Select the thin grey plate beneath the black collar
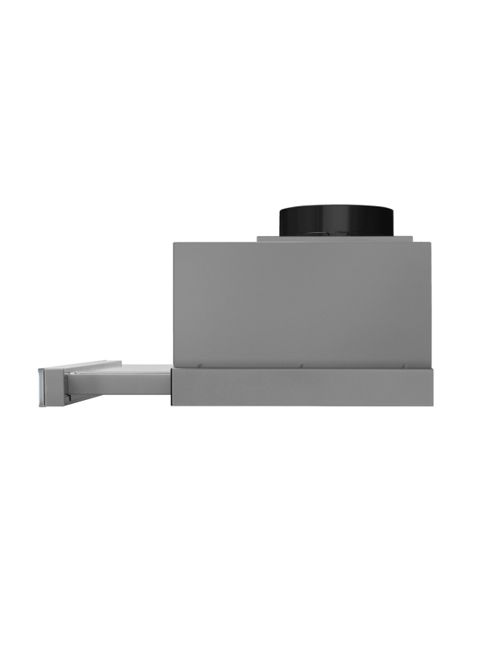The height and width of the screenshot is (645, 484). pyautogui.click(x=336, y=239)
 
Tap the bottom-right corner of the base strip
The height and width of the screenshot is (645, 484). pyautogui.click(x=435, y=406)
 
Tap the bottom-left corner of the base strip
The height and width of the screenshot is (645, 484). pyautogui.click(x=173, y=406)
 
